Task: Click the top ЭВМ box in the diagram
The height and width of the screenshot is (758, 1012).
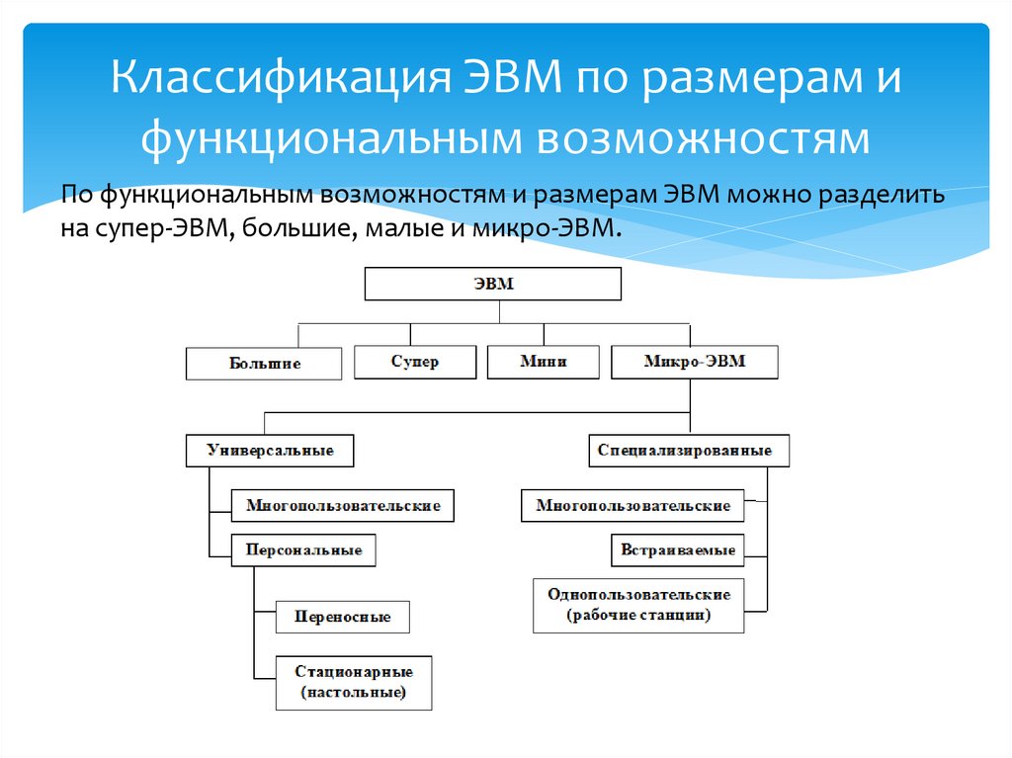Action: pos(493,285)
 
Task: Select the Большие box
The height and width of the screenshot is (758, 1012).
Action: pos(265,364)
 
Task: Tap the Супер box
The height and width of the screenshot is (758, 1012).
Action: pos(415,362)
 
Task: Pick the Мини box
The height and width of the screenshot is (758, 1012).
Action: pos(544,362)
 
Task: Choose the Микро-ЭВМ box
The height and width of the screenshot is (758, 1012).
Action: pos(695,362)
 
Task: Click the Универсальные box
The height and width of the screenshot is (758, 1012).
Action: pos(270,451)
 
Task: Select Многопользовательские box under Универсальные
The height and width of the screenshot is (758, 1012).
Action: pos(343,506)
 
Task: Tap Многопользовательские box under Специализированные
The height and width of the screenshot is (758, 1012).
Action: pos(633,506)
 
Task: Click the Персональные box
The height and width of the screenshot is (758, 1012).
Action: pos(303,549)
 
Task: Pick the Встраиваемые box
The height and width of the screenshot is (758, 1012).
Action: pos(678,549)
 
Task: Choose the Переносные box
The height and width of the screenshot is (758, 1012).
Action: pos(343,617)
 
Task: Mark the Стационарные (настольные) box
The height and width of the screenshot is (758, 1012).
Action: pos(355,682)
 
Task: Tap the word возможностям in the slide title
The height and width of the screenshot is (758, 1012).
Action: pos(703,138)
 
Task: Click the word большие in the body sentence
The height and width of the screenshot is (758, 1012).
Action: pos(276,229)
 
